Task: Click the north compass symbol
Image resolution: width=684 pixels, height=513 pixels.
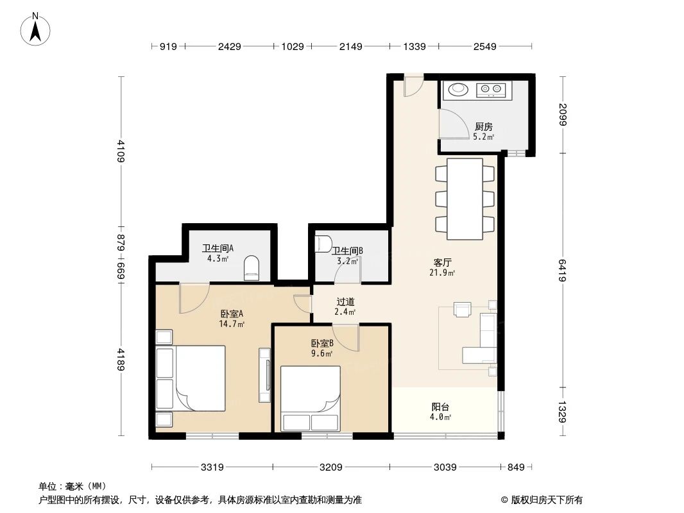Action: tap(36, 29)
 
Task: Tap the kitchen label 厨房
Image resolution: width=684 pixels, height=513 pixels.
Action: tap(483, 127)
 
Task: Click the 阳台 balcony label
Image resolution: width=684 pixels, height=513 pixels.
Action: tap(440, 407)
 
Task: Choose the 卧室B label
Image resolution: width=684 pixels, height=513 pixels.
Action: tap(321, 343)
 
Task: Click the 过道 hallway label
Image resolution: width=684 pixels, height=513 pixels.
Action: tap(345, 301)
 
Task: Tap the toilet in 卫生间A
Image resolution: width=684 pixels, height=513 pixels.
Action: tap(252, 268)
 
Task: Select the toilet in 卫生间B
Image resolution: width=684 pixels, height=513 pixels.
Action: tap(322, 244)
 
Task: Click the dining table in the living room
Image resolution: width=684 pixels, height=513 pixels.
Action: tap(465, 199)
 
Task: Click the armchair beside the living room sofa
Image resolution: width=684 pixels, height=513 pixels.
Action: tap(463, 309)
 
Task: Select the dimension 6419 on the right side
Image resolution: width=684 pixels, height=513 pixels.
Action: tap(562, 269)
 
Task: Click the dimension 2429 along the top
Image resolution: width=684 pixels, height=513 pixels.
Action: tap(229, 46)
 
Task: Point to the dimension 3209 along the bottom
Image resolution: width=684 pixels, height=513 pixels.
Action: tap(331, 467)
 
